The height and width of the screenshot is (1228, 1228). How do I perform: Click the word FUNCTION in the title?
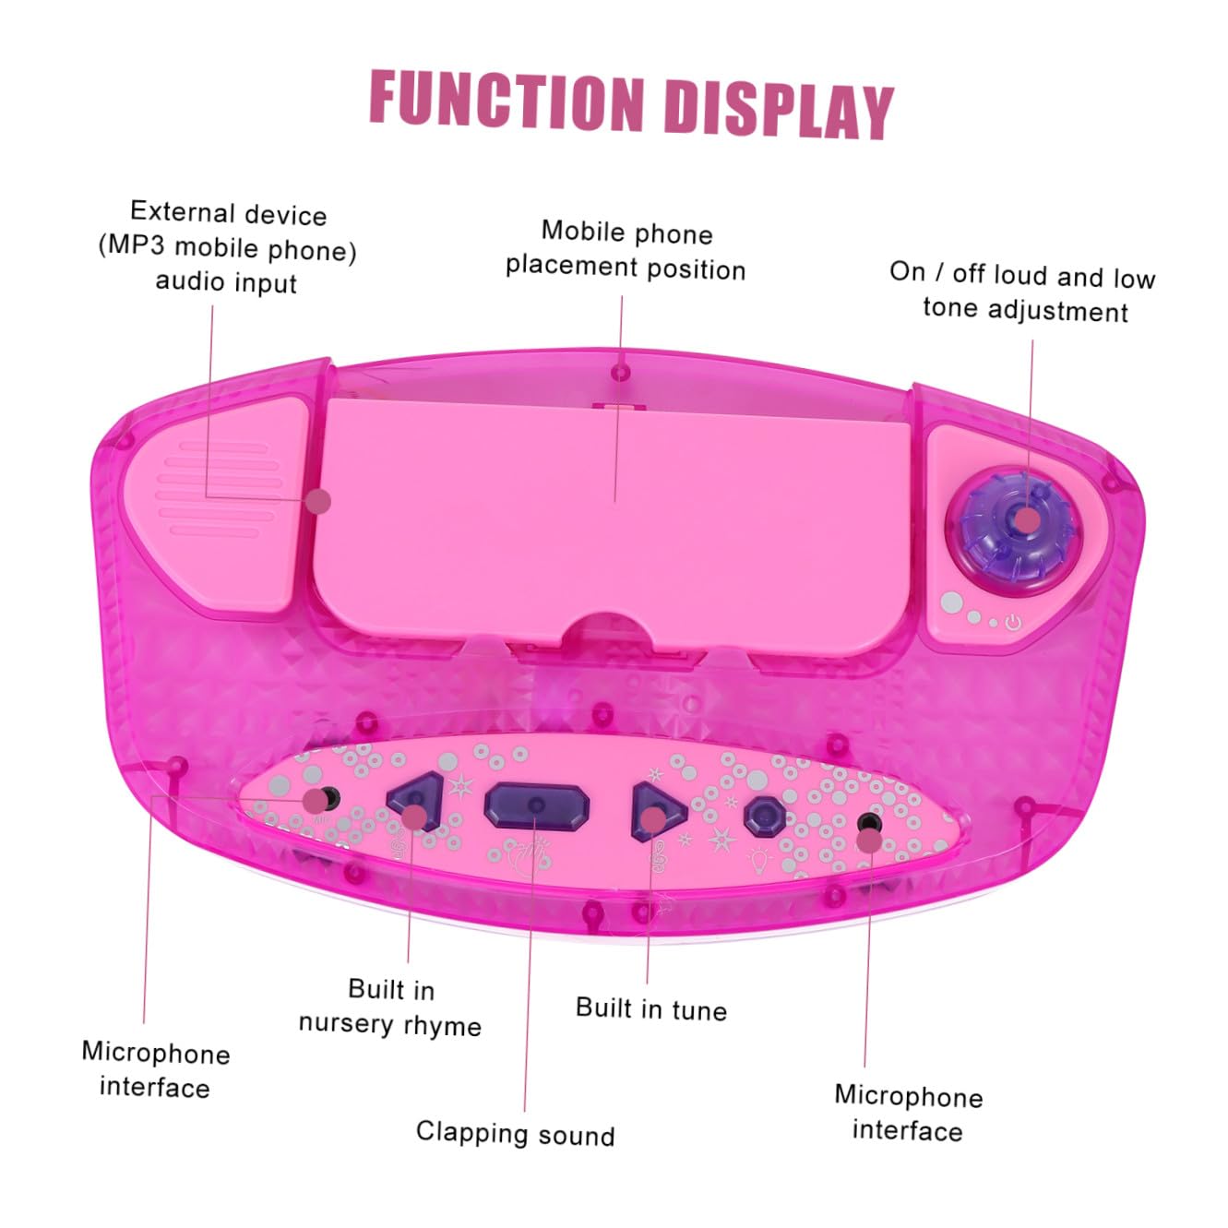[507, 101]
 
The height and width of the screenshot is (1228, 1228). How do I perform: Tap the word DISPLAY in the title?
[779, 108]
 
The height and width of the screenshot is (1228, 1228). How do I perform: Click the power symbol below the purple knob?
[1013, 623]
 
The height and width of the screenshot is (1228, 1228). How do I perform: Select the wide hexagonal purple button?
[537, 806]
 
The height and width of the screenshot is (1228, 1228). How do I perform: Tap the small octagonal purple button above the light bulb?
[765, 815]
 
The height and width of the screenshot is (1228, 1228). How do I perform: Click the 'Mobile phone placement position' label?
[626, 250]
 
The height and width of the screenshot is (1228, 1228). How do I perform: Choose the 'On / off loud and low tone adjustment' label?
[1022, 292]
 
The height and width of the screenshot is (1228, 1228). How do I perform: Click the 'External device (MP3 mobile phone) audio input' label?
[227, 246]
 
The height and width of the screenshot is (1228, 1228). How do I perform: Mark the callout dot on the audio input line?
[318, 502]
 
